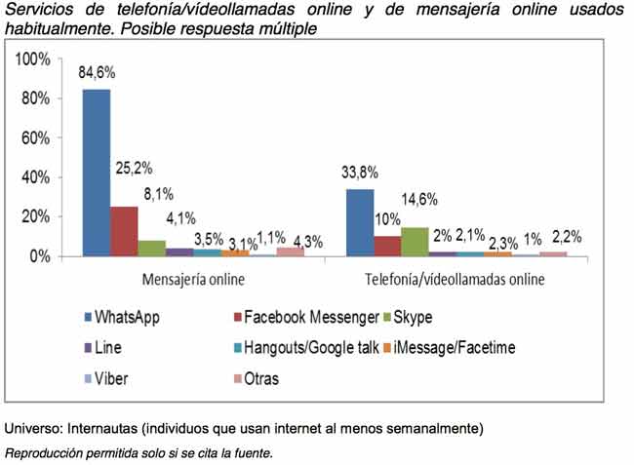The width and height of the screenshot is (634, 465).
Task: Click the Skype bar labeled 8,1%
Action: coord(152,248)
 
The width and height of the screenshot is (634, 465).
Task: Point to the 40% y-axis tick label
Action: coord(36,177)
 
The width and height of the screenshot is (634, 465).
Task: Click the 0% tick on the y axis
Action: coord(40,256)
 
